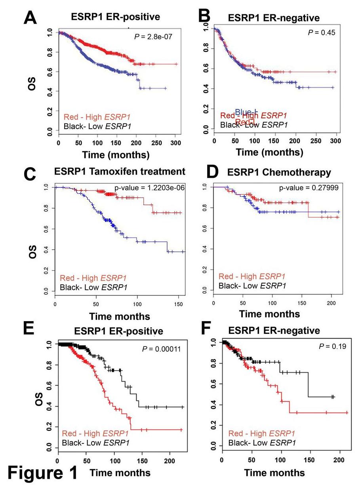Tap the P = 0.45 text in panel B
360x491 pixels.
[x=321, y=32]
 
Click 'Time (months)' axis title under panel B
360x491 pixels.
[x=270, y=152]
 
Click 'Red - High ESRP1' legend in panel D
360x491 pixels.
[x=251, y=276]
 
